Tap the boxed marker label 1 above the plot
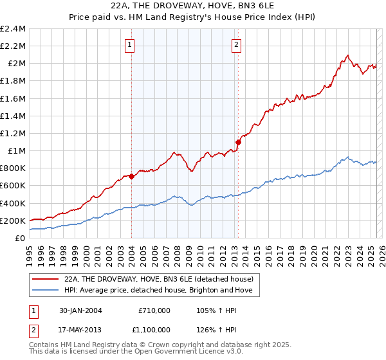(x=131, y=45)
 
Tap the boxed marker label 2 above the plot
(x=237, y=45)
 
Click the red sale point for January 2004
(x=131, y=175)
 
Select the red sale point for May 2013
(x=238, y=142)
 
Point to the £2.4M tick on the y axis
(x=13, y=29)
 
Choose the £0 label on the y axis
(x=20, y=238)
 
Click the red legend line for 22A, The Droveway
(x=46, y=279)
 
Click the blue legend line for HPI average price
(x=46, y=291)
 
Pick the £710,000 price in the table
(x=154, y=310)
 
